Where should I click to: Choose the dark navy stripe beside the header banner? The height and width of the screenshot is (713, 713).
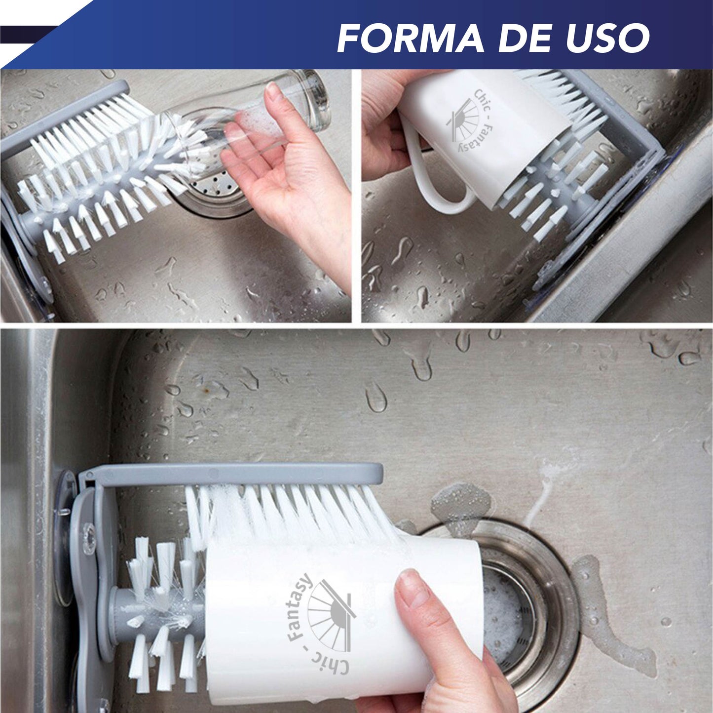(x=25, y=35)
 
